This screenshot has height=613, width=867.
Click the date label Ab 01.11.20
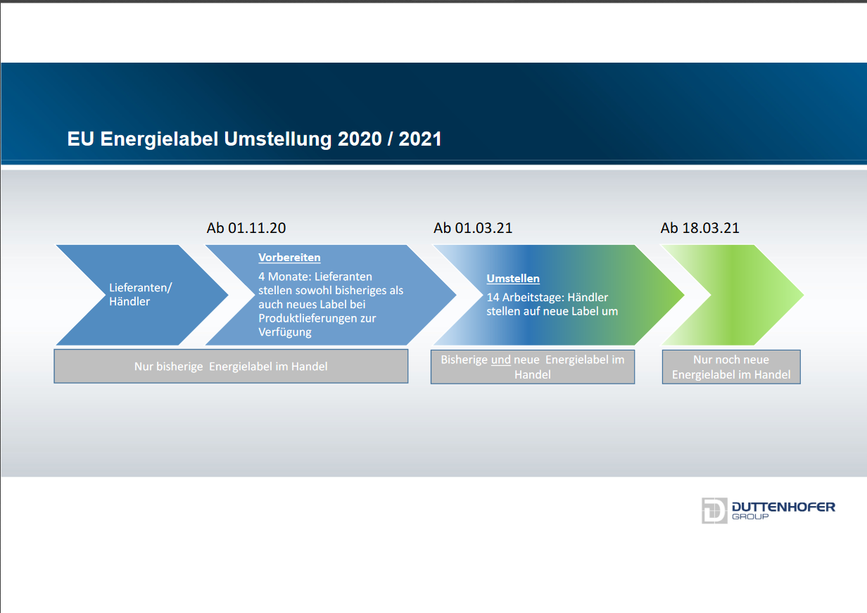[x=246, y=228]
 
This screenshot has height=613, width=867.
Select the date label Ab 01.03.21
[x=473, y=228]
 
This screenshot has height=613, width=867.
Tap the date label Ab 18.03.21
[x=700, y=228]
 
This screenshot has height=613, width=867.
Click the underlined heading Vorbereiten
[x=289, y=258]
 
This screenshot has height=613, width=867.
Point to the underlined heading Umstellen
[x=513, y=278]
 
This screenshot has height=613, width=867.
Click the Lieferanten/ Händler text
[x=140, y=294]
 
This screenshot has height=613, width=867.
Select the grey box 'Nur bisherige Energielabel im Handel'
[x=231, y=366]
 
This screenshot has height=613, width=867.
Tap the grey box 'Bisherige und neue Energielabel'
[x=533, y=367]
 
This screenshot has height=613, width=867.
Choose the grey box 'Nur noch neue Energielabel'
[x=731, y=367]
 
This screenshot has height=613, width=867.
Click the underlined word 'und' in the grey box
[x=501, y=360]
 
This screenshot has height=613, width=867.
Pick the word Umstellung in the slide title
[x=277, y=139]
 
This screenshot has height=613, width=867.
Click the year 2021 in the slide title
[x=420, y=139]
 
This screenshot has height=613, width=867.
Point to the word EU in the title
[x=80, y=139]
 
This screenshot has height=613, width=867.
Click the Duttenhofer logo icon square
[x=714, y=510]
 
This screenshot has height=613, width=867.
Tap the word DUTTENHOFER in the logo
[x=783, y=507]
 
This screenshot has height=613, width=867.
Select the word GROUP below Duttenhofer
[x=750, y=517]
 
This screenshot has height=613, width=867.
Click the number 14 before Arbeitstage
[x=493, y=297]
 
